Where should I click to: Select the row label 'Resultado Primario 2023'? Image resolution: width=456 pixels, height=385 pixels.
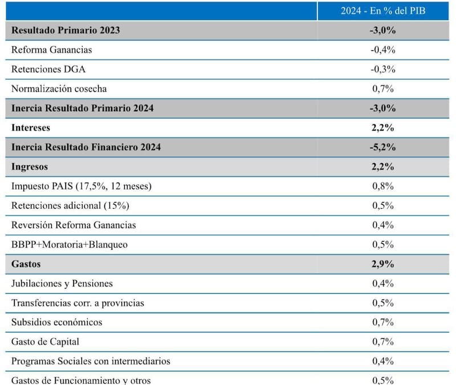coord(66,30)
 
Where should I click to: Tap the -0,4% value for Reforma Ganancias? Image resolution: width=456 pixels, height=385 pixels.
coord(383,50)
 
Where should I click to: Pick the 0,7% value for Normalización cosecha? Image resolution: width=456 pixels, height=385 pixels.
coord(383,88)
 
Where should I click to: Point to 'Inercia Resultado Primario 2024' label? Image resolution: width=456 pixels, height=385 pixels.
coord(82,108)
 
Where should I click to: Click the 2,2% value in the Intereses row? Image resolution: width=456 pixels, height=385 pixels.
coord(383,127)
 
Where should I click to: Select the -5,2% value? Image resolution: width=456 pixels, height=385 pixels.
coord(383,147)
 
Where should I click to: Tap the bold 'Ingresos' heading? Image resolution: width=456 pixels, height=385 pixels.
coord(30,167)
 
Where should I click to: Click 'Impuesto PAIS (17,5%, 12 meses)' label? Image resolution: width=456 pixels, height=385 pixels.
coord(82,186)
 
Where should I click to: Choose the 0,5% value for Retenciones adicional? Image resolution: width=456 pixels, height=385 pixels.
coord(383,205)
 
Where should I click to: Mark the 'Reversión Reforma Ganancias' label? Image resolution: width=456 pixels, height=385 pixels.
coord(74,225)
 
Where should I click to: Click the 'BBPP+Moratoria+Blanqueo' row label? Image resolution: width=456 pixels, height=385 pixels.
coord(70,244)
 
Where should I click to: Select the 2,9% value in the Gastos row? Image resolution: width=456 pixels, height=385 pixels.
coord(383,264)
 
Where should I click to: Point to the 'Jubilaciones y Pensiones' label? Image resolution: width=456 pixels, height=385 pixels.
coord(62,283)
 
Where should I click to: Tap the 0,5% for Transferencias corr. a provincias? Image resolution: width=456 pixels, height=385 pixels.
coord(383,303)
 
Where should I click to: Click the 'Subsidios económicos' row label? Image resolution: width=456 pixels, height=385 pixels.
coord(57,322)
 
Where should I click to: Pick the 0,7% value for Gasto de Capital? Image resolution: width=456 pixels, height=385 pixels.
coord(383,342)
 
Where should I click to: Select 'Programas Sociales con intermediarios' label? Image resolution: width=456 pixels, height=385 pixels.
coord(91,361)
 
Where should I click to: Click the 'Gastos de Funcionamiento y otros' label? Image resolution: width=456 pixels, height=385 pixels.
coord(81,380)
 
